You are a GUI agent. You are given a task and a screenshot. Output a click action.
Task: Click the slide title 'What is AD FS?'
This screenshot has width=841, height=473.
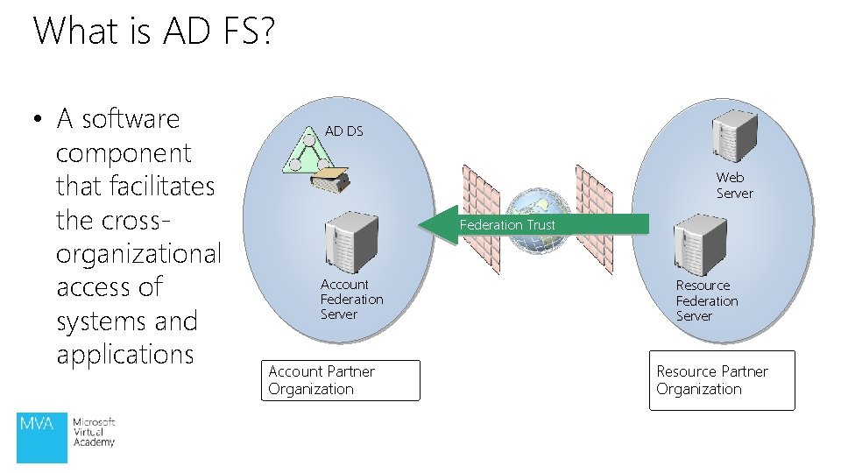[153, 32]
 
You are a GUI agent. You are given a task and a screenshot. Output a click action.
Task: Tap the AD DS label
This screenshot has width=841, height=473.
[343, 131]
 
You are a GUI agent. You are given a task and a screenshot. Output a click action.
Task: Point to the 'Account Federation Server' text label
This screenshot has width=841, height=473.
[351, 300]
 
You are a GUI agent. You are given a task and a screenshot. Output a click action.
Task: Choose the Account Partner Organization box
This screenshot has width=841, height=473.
[341, 380]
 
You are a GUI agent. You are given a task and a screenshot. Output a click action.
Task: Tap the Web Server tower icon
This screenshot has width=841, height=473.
[733, 137]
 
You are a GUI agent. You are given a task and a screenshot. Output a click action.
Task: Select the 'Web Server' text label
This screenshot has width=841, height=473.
[734, 186]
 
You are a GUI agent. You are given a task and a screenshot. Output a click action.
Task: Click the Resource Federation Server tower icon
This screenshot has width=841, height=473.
[700, 244]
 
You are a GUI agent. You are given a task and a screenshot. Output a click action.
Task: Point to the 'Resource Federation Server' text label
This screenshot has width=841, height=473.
[706, 300]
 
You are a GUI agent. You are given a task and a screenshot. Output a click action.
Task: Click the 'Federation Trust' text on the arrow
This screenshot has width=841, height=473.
[507, 225]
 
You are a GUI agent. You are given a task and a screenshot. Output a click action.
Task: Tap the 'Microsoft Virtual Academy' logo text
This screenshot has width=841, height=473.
[94, 433]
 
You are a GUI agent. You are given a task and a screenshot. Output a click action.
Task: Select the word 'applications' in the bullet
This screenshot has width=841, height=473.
[124, 355]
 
